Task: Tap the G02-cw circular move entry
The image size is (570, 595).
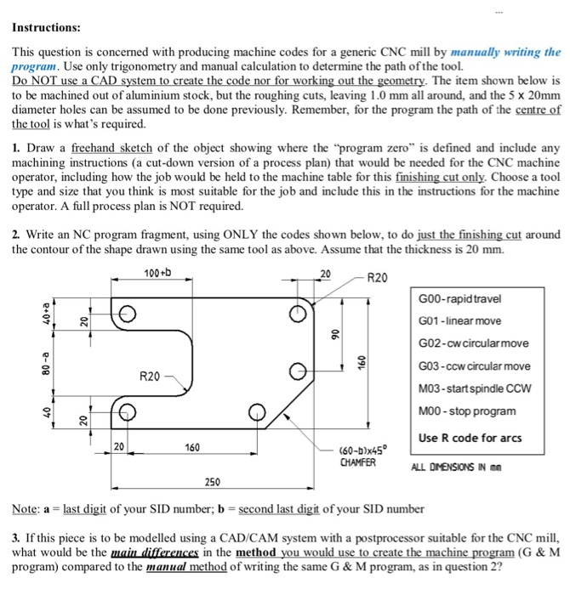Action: click(473, 343)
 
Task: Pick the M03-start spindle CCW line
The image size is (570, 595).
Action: click(475, 388)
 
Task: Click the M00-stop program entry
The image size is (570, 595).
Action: click(466, 411)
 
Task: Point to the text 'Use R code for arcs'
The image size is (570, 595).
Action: click(469, 439)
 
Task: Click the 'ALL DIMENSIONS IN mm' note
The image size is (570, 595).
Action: click(468, 466)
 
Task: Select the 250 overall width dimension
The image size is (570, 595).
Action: click(213, 482)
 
